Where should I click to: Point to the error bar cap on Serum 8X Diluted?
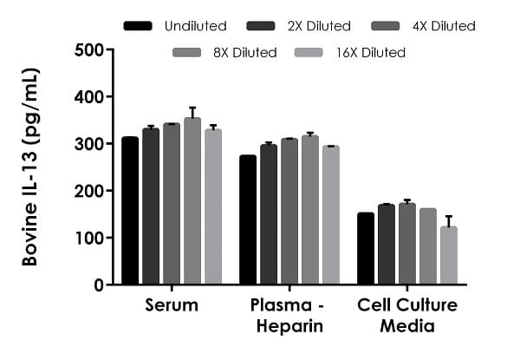pos(192,108)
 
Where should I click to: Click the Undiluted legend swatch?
pos(139,26)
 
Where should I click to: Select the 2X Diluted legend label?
pos(318,26)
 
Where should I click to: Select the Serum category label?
pos(172,305)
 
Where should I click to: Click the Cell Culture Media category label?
pos(407,315)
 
